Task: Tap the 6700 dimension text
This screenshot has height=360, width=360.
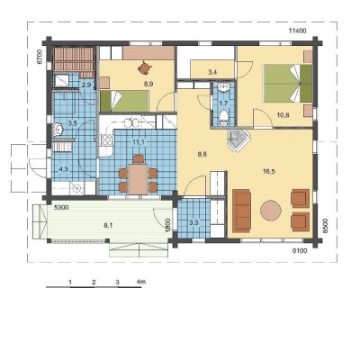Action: (x=39, y=56)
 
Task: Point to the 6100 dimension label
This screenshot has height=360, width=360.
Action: (x=300, y=251)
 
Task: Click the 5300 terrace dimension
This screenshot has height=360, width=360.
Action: (x=62, y=207)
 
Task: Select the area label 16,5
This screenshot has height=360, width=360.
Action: (x=270, y=171)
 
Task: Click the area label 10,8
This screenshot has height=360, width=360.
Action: (x=283, y=114)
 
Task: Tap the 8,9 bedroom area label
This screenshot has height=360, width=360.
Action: (x=148, y=85)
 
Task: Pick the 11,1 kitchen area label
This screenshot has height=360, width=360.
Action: (x=139, y=142)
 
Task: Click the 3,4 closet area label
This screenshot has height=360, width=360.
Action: (x=212, y=72)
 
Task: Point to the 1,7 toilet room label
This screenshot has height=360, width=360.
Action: (x=223, y=103)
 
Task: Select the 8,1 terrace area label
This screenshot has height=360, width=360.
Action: (x=108, y=226)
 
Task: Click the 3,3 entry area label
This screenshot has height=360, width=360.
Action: (x=193, y=222)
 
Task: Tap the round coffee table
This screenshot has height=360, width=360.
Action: (x=271, y=211)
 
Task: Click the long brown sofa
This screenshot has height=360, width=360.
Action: (x=241, y=211)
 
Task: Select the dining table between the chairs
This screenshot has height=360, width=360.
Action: (x=138, y=179)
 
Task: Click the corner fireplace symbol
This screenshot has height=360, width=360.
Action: (x=238, y=140)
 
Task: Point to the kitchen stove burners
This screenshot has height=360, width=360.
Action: (x=107, y=140)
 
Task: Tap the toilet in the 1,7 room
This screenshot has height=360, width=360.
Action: (x=223, y=116)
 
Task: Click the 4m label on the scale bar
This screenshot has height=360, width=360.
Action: (x=141, y=282)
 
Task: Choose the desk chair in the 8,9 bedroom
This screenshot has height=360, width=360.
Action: (x=144, y=67)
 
